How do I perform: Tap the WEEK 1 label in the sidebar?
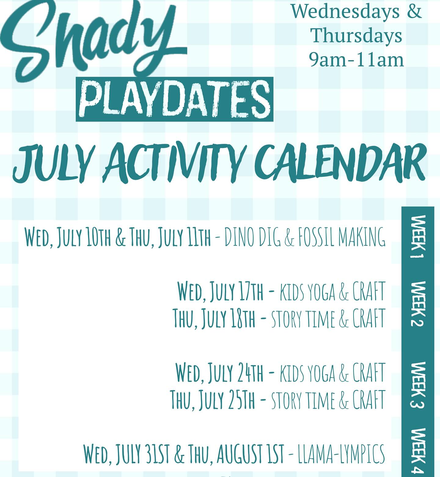(418, 237)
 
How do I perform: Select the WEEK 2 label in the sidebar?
(417, 304)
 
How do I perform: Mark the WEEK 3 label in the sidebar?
(417, 385)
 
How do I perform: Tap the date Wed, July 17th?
(220, 291)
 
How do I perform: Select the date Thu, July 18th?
(214, 318)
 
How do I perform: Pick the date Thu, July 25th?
(213, 399)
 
